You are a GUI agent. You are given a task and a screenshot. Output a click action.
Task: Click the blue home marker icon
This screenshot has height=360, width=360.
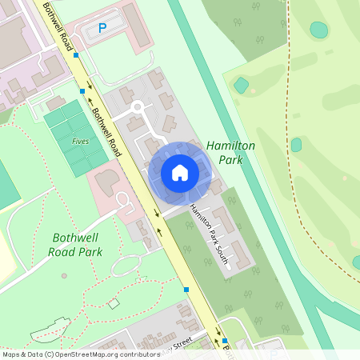(180, 173)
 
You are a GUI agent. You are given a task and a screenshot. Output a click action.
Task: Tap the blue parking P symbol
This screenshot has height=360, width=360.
(102, 28)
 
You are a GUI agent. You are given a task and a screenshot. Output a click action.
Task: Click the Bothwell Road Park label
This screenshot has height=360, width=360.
(78, 245)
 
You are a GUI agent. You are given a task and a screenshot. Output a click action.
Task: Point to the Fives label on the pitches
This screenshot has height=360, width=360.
(80, 142)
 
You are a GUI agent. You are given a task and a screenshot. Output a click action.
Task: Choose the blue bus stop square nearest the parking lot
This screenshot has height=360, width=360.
(76, 55)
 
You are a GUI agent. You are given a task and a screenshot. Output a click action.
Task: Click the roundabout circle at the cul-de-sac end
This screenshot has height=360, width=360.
(137, 106)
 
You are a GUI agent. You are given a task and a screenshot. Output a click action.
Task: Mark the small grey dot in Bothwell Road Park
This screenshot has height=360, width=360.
(64, 275)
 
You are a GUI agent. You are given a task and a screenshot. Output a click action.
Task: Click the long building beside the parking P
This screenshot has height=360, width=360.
(135, 24)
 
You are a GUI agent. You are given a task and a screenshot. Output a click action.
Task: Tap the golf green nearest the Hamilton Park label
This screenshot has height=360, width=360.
(296, 145)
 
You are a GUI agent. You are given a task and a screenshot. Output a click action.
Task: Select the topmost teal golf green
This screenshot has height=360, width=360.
(318, 30)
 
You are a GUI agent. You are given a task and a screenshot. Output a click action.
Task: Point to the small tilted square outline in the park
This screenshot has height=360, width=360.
(114, 303)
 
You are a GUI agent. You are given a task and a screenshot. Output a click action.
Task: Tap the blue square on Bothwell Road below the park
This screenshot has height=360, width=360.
(186, 289)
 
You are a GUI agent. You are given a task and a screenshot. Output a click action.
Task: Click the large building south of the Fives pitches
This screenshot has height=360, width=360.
(109, 182)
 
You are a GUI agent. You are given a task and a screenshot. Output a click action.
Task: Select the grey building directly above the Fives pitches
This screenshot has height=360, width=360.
(56, 102)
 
